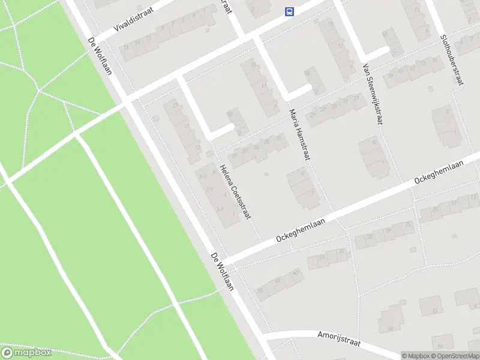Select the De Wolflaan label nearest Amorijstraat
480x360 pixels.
[222, 272]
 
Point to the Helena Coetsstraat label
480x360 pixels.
[235, 191]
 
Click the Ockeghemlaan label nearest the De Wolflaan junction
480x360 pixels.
[301, 230]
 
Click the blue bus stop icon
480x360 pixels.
[289, 11]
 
